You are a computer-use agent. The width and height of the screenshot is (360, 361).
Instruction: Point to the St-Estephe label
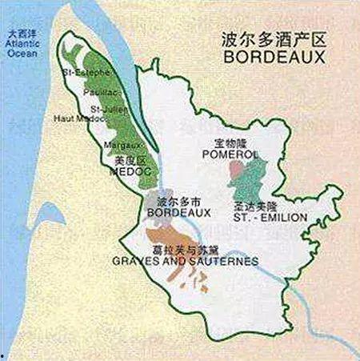point(87,74)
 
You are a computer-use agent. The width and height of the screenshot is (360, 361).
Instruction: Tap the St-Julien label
point(107,108)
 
